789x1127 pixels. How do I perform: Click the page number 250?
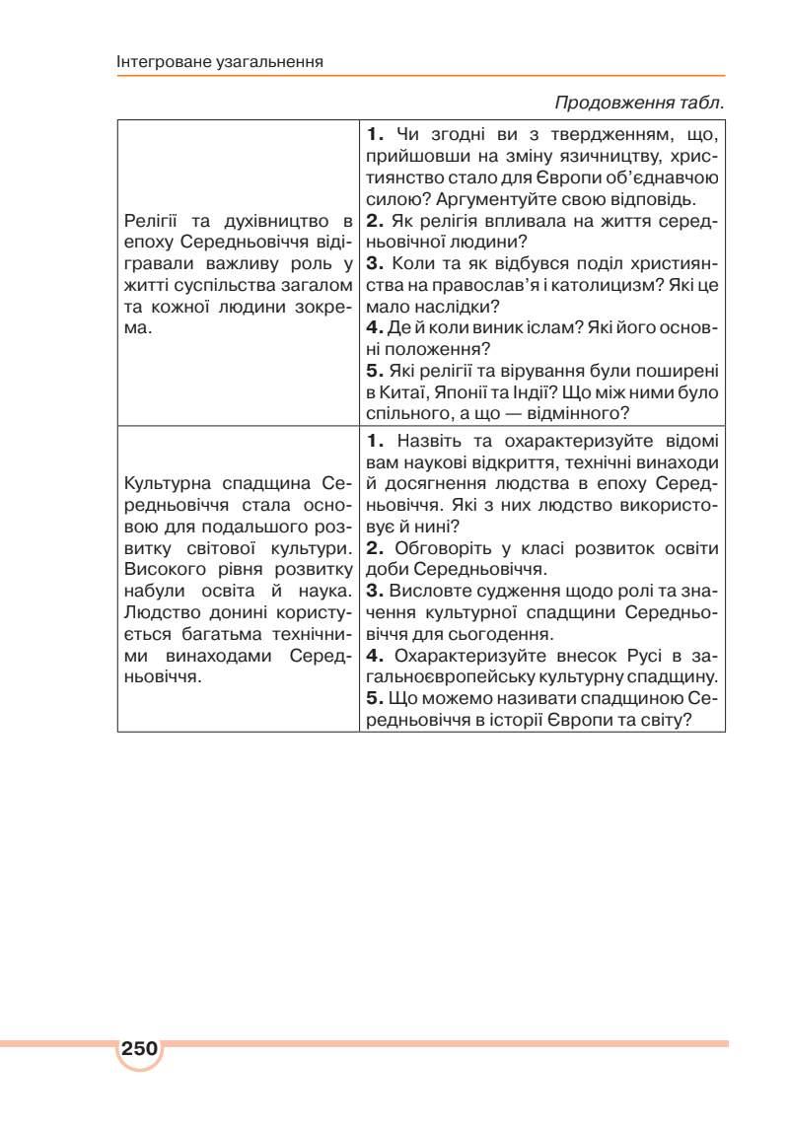pos(140,1048)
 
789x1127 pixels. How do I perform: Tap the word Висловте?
pos(428,592)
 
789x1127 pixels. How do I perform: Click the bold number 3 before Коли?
pos(374,263)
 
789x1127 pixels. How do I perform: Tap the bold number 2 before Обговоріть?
pos(374,548)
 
